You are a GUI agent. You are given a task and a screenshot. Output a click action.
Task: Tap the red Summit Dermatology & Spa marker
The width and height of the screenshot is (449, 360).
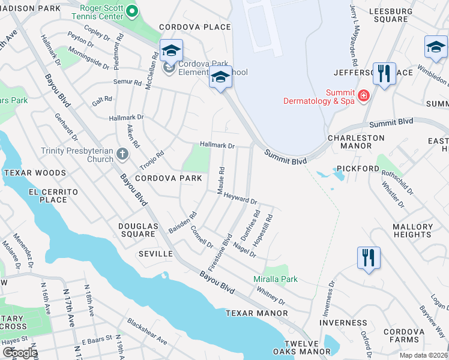click(363, 96)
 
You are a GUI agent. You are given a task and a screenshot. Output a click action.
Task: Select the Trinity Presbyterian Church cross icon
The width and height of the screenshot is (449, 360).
click(122, 154)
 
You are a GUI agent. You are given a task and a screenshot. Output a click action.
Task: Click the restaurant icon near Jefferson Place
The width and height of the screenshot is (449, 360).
click(384, 74)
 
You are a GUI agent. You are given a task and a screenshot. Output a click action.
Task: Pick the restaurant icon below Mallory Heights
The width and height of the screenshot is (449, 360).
click(369, 258)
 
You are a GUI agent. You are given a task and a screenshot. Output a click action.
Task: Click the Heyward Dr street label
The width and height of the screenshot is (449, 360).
click(240, 202)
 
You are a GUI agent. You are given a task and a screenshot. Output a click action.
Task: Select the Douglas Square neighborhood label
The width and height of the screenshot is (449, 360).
click(137, 230)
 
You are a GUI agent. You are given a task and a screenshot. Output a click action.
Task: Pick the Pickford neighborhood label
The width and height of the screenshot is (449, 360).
click(358, 169)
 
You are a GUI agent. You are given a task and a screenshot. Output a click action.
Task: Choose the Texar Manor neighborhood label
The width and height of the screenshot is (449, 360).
click(250, 313)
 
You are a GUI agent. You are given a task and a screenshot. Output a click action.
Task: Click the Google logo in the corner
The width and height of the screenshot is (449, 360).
click(20, 353)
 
